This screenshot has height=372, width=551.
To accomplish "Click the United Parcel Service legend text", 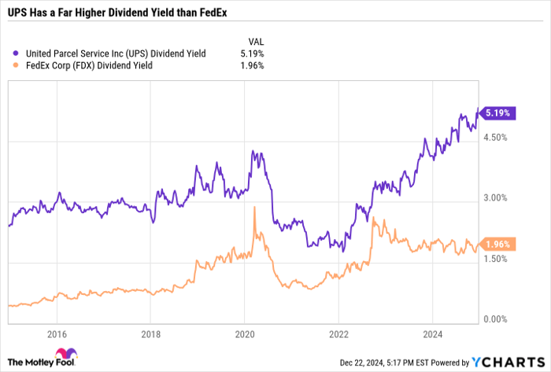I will pos(116,53).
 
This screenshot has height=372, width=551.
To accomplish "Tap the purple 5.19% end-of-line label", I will pos(500,113).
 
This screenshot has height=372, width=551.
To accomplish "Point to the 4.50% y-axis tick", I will pos(498,137).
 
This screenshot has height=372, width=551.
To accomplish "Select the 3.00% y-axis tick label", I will pos(498,198).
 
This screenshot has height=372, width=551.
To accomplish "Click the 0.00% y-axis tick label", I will pos(498,319).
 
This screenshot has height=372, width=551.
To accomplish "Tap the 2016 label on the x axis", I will pos(56,333).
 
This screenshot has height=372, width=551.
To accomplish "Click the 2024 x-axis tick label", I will pos(432,333).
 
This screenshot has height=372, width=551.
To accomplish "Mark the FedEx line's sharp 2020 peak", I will pos(254,208).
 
